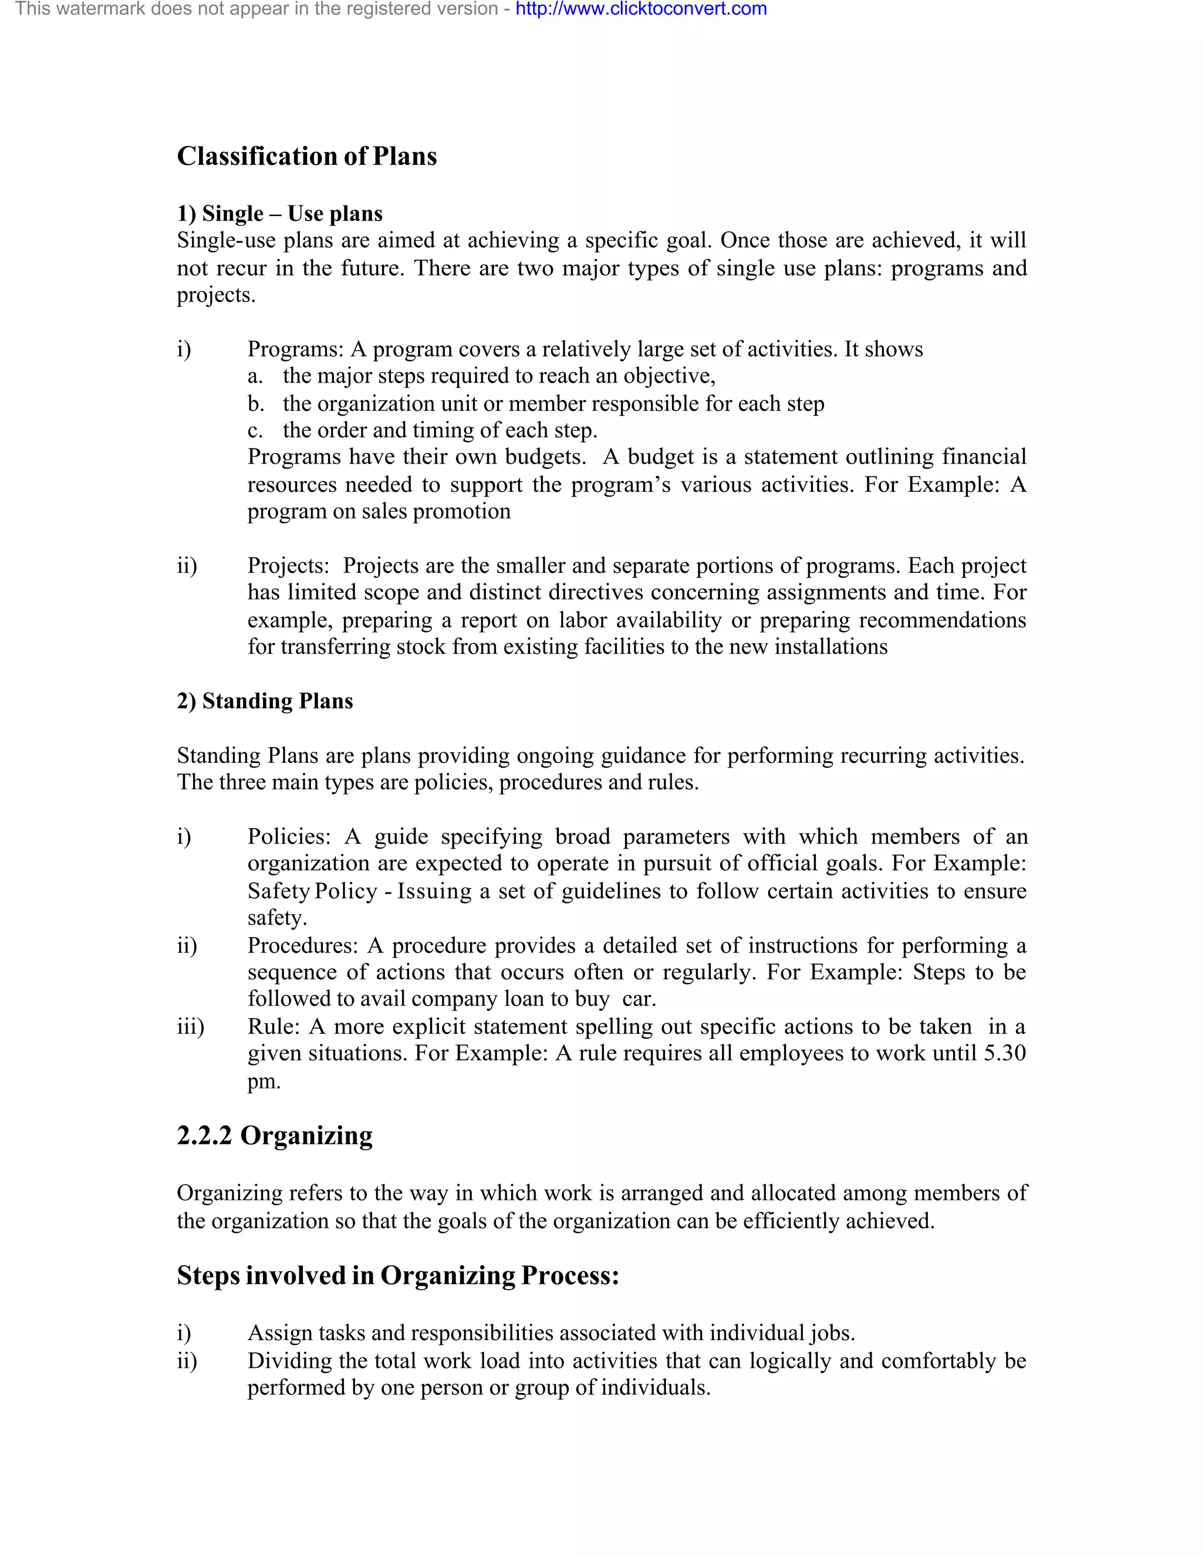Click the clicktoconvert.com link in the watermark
point(641,9)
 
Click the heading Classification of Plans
point(307,157)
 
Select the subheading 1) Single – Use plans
point(279,214)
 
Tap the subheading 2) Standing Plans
point(265,701)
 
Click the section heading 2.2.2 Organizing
point(274,1135)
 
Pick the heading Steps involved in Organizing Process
point(397,1275)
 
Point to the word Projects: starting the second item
point(288,566)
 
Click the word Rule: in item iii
point(274,1027)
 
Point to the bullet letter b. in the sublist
point(256,404)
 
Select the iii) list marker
point(190,1027)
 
